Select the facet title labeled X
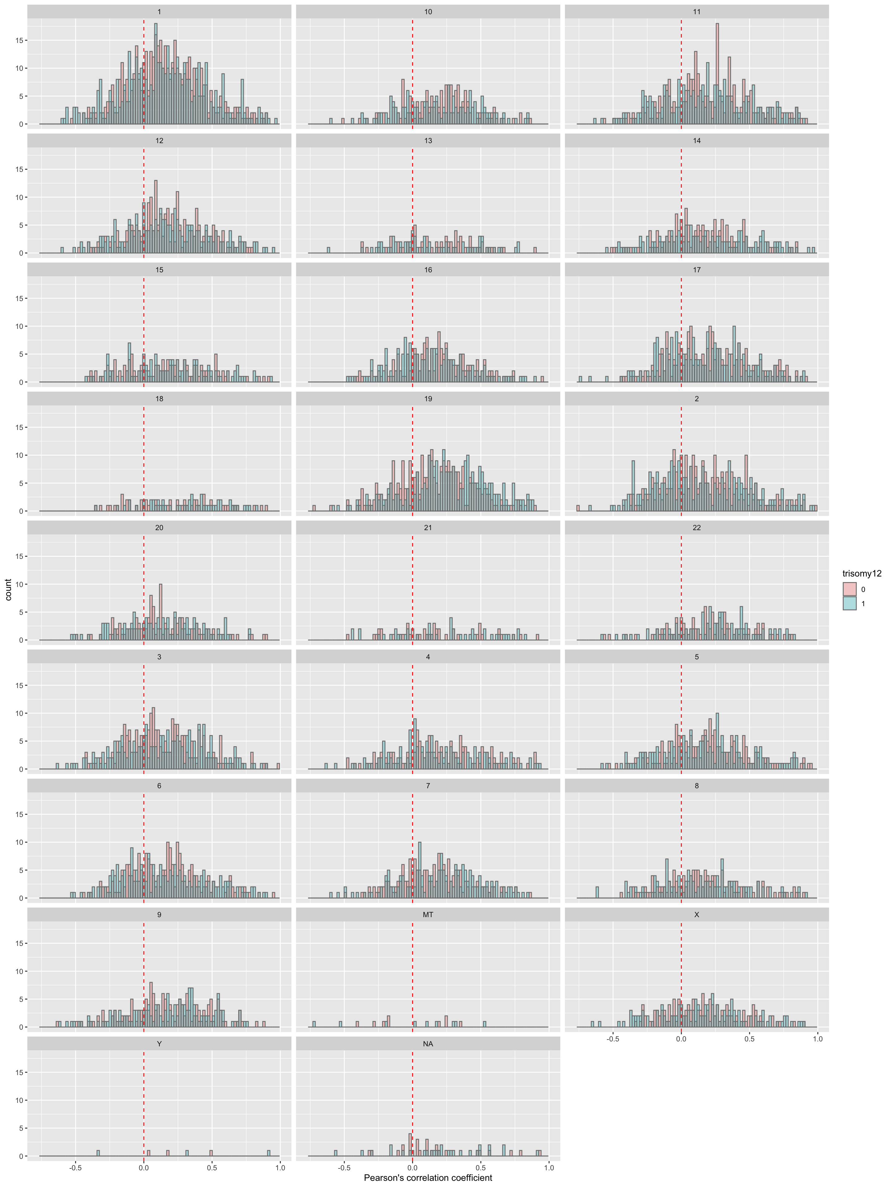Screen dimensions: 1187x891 click(x=697, y=914)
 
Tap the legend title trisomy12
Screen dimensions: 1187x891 click(x=862, y=574)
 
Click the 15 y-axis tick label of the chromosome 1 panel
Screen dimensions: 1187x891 click(x=19, y=40)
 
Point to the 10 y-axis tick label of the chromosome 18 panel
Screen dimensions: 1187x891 click(x=19, y=455)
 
